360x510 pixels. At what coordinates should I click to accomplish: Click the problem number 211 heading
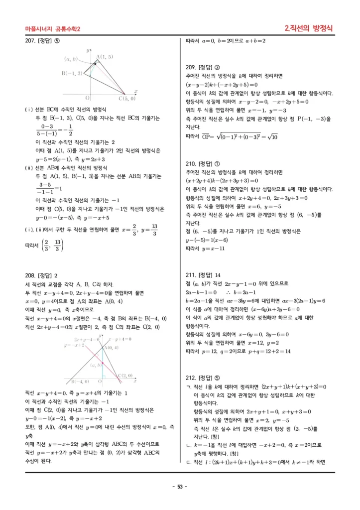click(x=204, y=275)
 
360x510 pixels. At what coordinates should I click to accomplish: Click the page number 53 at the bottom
click(x=180, y=487)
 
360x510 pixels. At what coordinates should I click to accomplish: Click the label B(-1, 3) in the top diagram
click(x=72, y=73)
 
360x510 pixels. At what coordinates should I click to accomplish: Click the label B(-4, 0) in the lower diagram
click(x=80, y=382)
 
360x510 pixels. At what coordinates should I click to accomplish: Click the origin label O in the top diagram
click(x=88, y=98)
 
